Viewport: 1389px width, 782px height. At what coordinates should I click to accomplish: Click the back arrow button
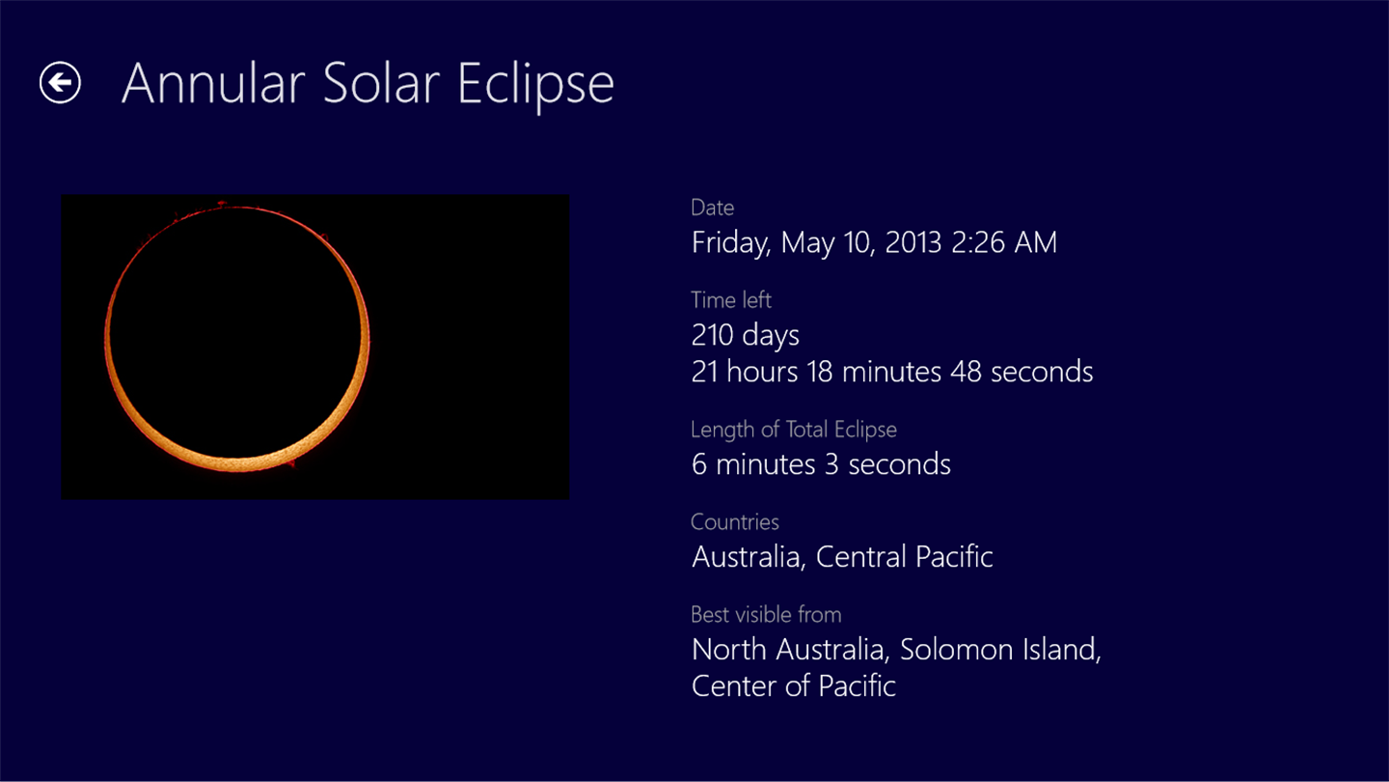click(x=60, y=83)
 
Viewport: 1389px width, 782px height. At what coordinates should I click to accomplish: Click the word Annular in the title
click(x=213, y=83)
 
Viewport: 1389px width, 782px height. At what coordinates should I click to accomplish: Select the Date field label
click(x=713, y=208)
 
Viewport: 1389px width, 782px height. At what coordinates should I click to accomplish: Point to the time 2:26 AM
click(x=1004, y=242)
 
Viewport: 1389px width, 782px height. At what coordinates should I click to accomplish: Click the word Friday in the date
click(x=731, y=243)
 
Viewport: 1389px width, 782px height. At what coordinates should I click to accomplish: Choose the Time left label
click(x=731, y=300)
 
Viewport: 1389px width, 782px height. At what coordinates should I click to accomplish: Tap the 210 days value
click(x=746, y=336)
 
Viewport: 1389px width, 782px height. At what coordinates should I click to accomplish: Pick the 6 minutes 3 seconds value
click(x=821, y=464)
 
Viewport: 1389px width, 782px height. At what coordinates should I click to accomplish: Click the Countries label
click(x=735, y=522)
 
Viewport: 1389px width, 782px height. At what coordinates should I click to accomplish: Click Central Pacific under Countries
click(x=904, y=557)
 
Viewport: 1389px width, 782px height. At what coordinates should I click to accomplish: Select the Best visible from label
click(x=767, y=614)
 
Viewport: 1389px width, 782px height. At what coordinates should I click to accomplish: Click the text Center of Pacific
click(x=794, y=686)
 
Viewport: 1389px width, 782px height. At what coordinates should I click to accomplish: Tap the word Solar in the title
click(x=381, y=83)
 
